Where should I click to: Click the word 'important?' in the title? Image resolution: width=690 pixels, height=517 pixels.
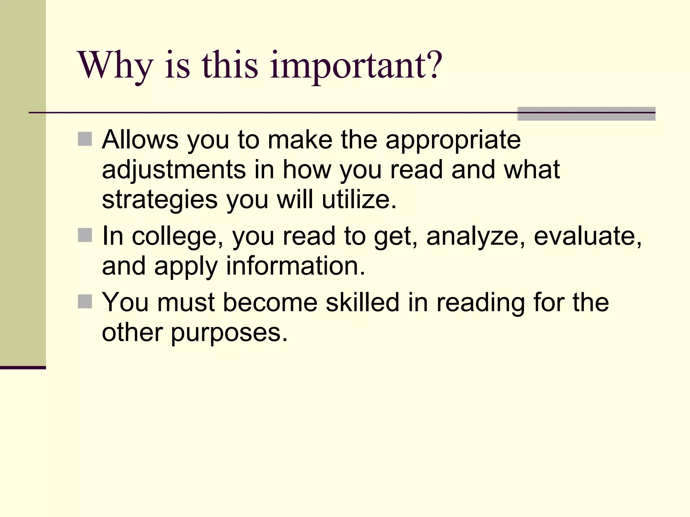pos(356,66)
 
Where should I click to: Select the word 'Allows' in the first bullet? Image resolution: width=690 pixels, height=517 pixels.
pos(140,140)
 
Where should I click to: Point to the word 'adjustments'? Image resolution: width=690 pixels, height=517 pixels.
pos(174,170)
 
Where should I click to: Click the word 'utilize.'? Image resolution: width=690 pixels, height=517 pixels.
pos(359,200)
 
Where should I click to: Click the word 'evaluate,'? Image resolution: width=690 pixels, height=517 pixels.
pos(588,236)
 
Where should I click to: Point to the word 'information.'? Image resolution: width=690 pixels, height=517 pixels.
pos(295,266)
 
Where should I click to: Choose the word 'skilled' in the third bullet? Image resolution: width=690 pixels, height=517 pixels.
pos(363,302)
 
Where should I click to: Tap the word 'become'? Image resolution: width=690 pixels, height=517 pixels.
pos(270,302)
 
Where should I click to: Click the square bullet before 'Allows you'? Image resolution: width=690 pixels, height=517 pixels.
pos(85,139)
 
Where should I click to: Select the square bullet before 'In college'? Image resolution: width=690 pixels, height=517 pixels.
pos(85,235)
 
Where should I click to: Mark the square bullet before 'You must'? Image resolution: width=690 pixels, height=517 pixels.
pos(85,302)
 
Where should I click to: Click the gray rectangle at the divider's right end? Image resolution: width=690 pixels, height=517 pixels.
pos(586,114)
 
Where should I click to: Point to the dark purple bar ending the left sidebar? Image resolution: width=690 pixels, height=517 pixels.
pos(23,368)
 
